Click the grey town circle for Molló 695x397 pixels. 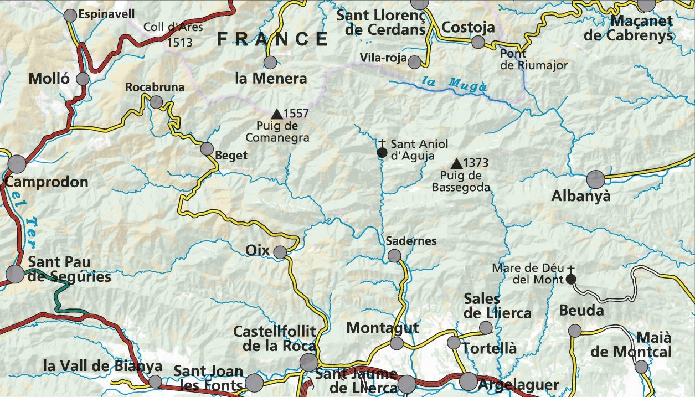click(x=83, y=79)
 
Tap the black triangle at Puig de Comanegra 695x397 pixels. click(x=276, y=114)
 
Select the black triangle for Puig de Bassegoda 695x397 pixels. click(x=456, y=163)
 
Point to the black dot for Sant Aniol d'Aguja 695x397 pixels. click(x=382, y=152)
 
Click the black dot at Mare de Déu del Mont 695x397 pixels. click(x=570, y=280)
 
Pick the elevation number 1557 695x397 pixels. click(x=296, y=114)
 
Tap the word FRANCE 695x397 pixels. click(x=272, y=39)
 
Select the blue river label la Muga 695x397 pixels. click(x=454, y=84)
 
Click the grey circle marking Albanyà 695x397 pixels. click(x=596, y=179)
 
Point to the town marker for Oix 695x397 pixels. click(x=280, y=252)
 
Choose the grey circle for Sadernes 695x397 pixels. click(x=394, y=255)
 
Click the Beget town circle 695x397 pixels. click(x=207, y=148)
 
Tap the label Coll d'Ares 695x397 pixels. click(x=173, y=27)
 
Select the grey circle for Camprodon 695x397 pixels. click(x=17, y=164)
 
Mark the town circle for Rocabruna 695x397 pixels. click(x=157, y=102)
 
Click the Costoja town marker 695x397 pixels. click(x=478, y=42)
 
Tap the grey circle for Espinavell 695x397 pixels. click(x=70, y=16)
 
